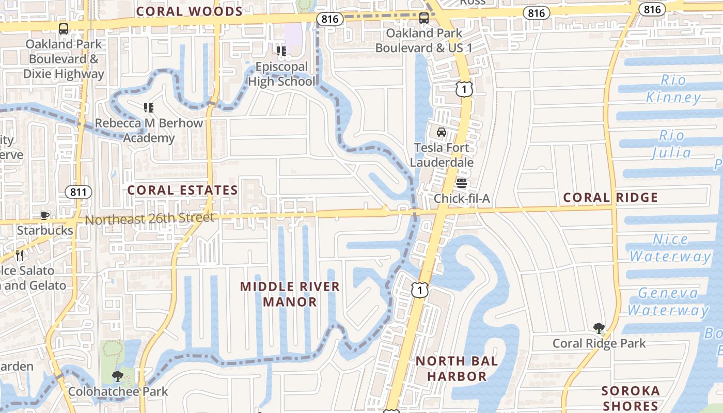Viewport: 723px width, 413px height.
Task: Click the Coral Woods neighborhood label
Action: click(x=190, y=11)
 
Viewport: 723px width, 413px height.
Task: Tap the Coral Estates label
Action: click(x=182, y=190)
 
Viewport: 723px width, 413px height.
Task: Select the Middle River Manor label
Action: click(x=290, y=294)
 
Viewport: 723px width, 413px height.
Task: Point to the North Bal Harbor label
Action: click(x=457, y=369)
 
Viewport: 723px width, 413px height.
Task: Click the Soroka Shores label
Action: click(x=631, y=398)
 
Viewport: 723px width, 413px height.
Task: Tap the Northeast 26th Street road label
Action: click(x=149, y=218)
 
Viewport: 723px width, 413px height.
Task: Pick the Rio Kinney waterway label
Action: click(x=673, y=88)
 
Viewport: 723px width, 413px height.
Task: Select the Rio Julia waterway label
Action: click(x=671, y=144)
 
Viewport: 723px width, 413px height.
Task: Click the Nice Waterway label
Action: click(x=670, y=248)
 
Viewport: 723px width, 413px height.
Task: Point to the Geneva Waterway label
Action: click(x=668, y=301)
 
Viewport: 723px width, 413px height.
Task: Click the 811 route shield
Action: click(x=78, y=192)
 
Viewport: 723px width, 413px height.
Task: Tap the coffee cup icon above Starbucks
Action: click(x=45, y=215)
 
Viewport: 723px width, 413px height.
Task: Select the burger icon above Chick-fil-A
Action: click(x=461, y=183)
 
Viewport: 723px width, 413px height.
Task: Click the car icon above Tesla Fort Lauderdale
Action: click(x=442, y=132)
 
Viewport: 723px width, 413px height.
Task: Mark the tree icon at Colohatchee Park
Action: click(x=118, y=376)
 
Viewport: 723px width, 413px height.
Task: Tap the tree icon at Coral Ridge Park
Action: click(x=599, y=328)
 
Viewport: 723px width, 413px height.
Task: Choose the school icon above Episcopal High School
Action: click(x=281, y=51)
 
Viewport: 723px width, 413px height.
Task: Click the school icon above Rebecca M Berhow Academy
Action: click(x=149, y=107)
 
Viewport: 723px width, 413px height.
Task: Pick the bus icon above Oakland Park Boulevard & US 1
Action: click(x=424, y=18)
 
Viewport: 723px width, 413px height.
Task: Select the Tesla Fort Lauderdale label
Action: click(x=442, y=155)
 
